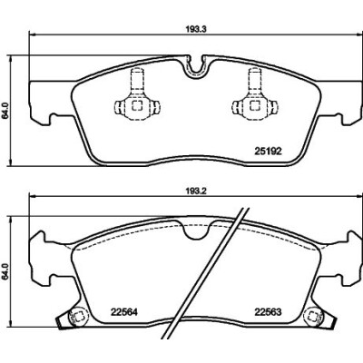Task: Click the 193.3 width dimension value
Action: tap(195, 29)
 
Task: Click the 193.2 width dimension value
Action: tap(195, 191)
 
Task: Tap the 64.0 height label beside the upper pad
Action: tap(5, 111)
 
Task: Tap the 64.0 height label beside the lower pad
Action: tap(5, 272)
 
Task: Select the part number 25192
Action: tap(268, 151)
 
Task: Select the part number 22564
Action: tap(124, 312)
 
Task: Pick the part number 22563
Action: tap(268, 312)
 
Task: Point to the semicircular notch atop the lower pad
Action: tap(196, 231)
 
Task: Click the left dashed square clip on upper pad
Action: tap(137, 105)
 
